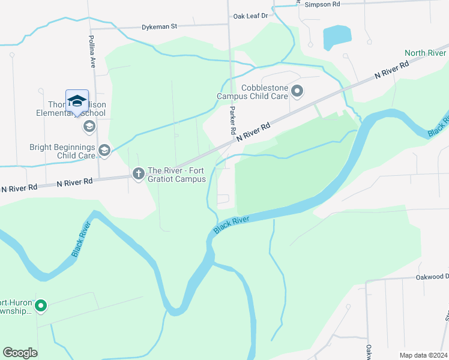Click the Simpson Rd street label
(x=322, y=4)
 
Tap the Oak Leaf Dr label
(x=253, y=16)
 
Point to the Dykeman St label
(x=160, y=27)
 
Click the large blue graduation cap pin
(x=77, y=102)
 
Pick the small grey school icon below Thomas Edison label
(x=89, y=126)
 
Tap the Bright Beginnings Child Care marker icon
(x=104, y=150)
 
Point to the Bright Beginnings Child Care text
(x=63, y=151)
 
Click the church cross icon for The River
(x=139, y=174)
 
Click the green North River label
(x=426, y=53)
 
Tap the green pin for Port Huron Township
(x=41, y=306)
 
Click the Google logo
(x=20, y=353)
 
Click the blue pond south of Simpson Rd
(x=337, y=38)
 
